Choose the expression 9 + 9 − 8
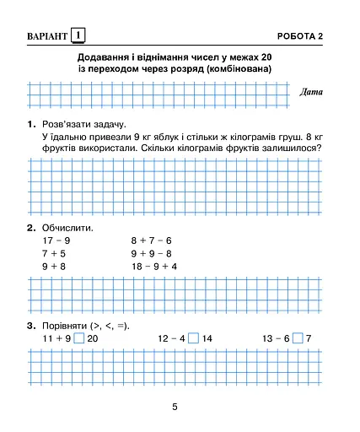(x=151, y=253)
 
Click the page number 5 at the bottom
(x=175, y=408)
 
